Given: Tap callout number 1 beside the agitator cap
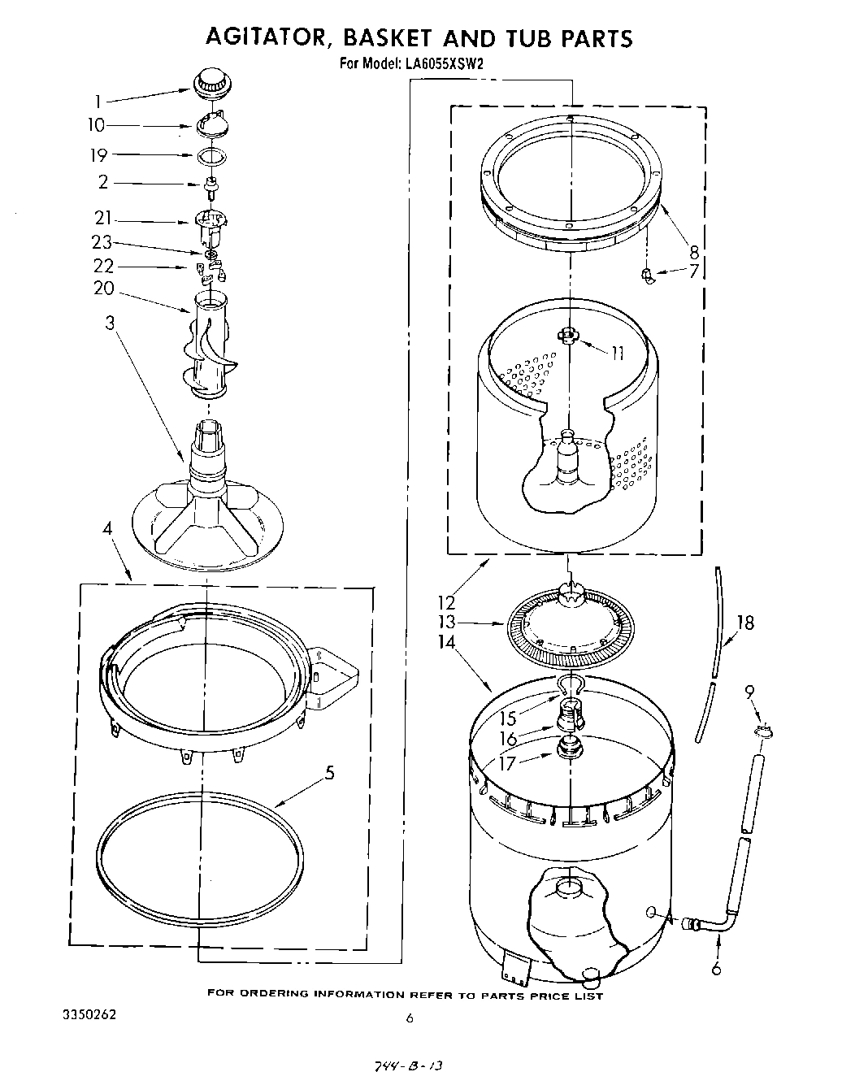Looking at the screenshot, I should (x=98, y=102).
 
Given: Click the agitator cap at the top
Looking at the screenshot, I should (x=212, y=82).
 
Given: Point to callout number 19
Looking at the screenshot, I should (x=98, y=155).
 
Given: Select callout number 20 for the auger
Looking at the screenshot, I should (x=104, y=288).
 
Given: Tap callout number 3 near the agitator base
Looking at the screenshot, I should (x=110, y=323).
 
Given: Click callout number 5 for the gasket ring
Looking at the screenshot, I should (x=329, y=772).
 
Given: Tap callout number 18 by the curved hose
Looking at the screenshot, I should (x=744, y=623).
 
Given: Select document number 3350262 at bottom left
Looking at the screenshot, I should (x=94, y=1016).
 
